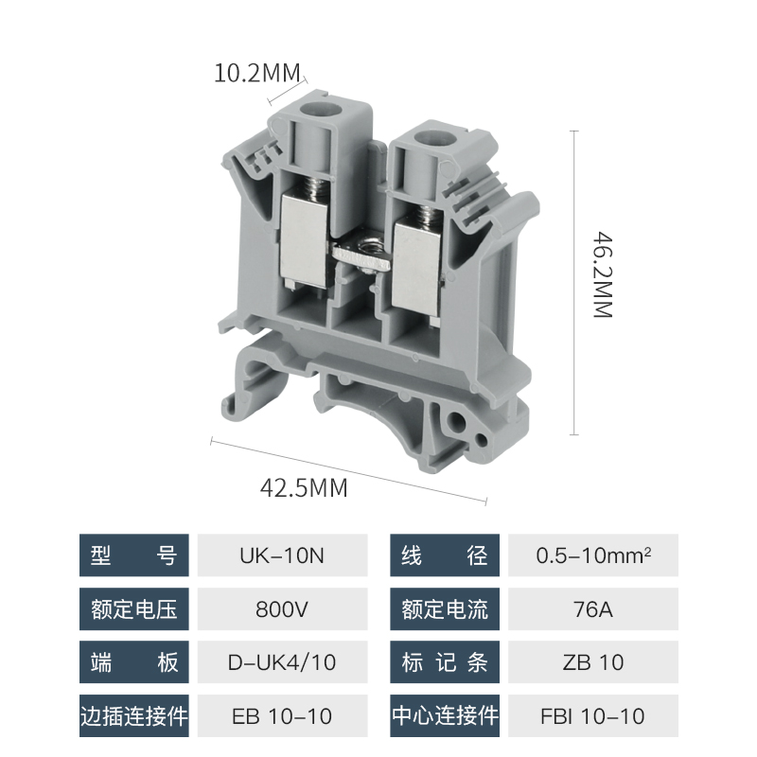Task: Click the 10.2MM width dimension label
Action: pos(256,73)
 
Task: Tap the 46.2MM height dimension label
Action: pos(603,274)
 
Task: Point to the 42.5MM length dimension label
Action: pos(304,487)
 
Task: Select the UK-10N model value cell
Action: pos(282,555)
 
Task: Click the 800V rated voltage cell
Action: pos(282,608)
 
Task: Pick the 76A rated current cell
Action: pos(593,608)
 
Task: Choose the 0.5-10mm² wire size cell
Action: pos(593,555)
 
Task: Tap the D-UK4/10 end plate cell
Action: pos(282,661)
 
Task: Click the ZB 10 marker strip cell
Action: pos(593,661)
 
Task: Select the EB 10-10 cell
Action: pos(282,716)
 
